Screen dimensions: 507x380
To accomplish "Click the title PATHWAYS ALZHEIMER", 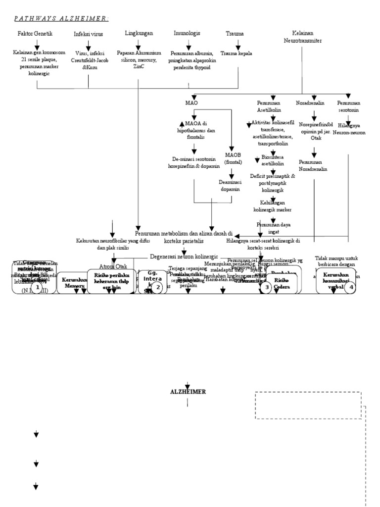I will pyautogui.click(x=61, y=19).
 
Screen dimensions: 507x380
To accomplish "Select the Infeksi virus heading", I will pyautogui.click(x=89, y=34).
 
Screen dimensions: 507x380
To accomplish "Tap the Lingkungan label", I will pyautogui.click(x=139, y=33).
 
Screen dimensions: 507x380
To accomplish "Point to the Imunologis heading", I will pyautogui.click(x=187, y=33).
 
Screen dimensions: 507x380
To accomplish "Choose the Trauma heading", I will pyautogui.click(x=234, y=34).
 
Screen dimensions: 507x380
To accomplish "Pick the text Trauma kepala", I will pyautogui.click(x=236, y=53).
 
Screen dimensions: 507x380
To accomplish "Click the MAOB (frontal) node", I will pyautogui.click(x=233, y=158).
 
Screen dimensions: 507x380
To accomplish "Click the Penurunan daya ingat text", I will pyautogui.click(x=273, y=228).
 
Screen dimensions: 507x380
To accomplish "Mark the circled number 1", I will pyautogui.click(x=36, y=287).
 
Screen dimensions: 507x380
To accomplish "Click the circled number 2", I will pyautogui.click(x=157, y=287).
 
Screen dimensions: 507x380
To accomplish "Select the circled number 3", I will pyautogui.click(x=267, y=287).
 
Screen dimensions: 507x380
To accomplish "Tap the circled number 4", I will pyautogui.click(x=350, y=287).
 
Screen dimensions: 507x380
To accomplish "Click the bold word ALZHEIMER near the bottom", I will pyautogui.click(x=188, y=392).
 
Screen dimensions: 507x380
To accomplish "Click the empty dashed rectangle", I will pyautogui.click(x=308, y=406).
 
